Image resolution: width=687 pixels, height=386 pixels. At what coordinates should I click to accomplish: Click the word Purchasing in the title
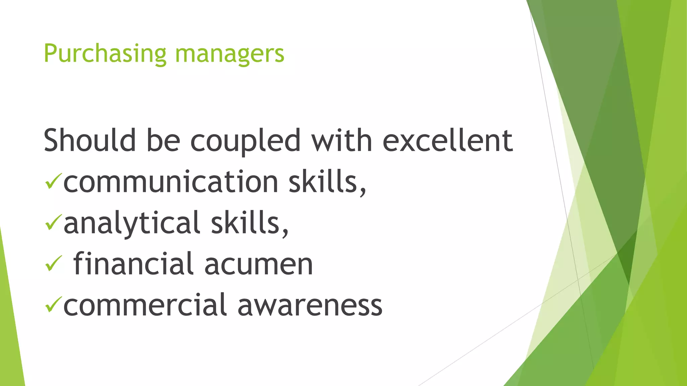(105, 54)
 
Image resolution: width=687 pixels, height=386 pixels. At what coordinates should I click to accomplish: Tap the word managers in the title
(229, 54)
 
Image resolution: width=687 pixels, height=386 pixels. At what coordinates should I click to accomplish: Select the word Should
(90, 140)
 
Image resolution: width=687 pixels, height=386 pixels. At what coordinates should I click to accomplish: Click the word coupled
(245, 140)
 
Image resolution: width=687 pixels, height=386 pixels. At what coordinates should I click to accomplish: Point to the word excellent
(447, 140)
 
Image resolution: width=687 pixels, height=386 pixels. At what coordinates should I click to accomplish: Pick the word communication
(171, 182)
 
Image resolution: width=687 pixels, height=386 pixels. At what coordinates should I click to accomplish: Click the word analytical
(132, 223)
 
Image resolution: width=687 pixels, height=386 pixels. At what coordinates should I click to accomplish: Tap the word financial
(133, 264)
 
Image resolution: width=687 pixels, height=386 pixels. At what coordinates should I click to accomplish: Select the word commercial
(145, 305)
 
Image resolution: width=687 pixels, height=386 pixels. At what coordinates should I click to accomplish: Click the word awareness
(310, 305)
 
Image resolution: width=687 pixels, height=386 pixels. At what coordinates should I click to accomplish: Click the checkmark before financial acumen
(53, 263)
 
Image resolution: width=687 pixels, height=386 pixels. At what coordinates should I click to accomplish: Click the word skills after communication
(327, 182)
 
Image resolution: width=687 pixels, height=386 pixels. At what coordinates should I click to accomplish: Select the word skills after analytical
(249, 223)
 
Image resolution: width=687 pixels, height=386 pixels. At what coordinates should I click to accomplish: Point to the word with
(341, 140)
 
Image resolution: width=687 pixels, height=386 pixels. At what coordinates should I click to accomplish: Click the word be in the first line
(163, 140)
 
